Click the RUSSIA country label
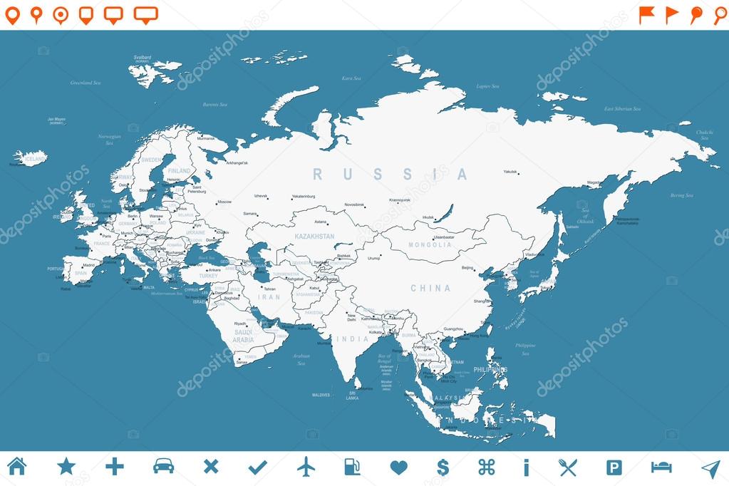391,175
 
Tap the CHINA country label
430,289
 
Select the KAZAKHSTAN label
314,236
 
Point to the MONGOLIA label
430,245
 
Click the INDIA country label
353,339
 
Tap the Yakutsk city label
510,172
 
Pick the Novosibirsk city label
354,205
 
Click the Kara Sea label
351,78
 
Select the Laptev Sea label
487,86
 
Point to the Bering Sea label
681,195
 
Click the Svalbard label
142,57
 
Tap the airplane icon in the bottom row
306,467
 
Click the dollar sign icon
443,467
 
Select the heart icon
399,467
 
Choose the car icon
163,466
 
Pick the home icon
16,466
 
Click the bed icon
661,467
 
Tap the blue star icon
66,467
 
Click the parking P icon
614,467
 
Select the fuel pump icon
352,467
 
